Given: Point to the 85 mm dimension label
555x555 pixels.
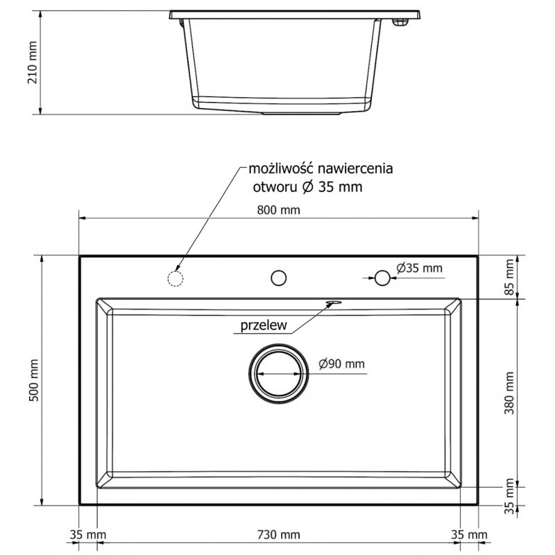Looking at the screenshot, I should tap(511, 276).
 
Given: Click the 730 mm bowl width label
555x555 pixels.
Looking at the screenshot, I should tap(278, 535).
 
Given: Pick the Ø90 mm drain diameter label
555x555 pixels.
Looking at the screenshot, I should tap(342, 364).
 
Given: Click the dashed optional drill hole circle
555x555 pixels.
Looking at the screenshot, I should tap(176, 278).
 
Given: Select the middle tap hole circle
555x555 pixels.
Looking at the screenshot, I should tap(279, 277).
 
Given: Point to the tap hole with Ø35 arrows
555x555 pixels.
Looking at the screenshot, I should tap(382, 277).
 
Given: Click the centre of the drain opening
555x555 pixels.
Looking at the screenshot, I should tap(279, 373).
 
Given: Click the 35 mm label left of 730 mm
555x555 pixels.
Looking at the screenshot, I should tap(87, 535).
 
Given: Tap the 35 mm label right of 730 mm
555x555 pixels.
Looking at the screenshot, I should tap(470, 535).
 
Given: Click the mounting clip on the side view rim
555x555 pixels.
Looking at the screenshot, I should tap(400, 24).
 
